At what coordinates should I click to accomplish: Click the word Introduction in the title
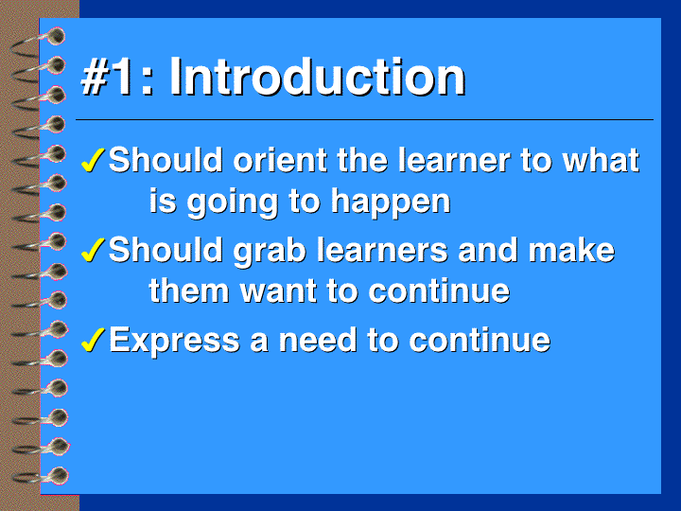tap(317, 77)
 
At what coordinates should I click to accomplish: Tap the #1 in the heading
tap(107, 77)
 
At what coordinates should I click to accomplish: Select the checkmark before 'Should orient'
tap(93, 160)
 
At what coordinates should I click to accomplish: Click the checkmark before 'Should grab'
tap(93, 250)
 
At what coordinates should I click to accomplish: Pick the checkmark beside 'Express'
tap(93, 340)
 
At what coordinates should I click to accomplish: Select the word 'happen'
tap(391, 203)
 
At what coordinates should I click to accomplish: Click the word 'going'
tap(233, 203)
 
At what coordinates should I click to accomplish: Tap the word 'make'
tap(571, 250)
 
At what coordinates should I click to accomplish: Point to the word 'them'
tap(189, 291)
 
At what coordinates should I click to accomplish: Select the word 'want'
tap(278, 291)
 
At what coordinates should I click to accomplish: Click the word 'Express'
tap(174, 341)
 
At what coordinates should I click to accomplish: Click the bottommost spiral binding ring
tap(42, 475)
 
